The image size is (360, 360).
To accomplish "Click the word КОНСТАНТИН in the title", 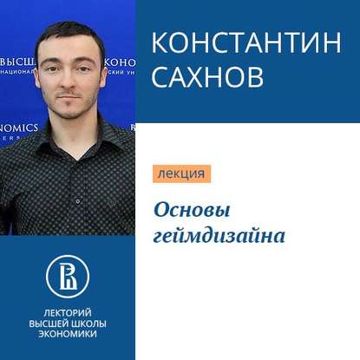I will tap(246, 44).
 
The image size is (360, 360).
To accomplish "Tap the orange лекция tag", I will tap(181, 173).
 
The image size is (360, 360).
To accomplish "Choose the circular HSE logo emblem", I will tap(68, 274).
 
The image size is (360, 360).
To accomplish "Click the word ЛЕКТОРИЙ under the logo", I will tap(68, 311).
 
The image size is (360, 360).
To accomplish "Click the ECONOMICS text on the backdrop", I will tap(19, 128).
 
